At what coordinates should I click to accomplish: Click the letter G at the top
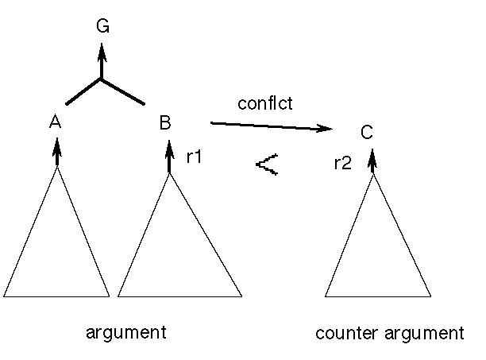tap(102, 26)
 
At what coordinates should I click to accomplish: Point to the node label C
tap(366, 133)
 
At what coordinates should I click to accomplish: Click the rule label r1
tap(194, 157)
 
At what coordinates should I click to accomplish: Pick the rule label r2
tap(343, 165)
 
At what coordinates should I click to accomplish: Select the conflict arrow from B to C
tap(270, 126)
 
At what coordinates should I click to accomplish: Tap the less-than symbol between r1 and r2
tap(267, 165)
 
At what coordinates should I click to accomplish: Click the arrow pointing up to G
tap(101, 60)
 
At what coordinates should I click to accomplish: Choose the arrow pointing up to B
tap(169, 156)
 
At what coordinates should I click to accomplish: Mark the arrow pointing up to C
tap(372, 161)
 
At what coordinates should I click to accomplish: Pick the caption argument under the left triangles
tap(125, 332)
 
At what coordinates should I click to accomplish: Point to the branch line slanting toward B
tap(122, 91)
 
